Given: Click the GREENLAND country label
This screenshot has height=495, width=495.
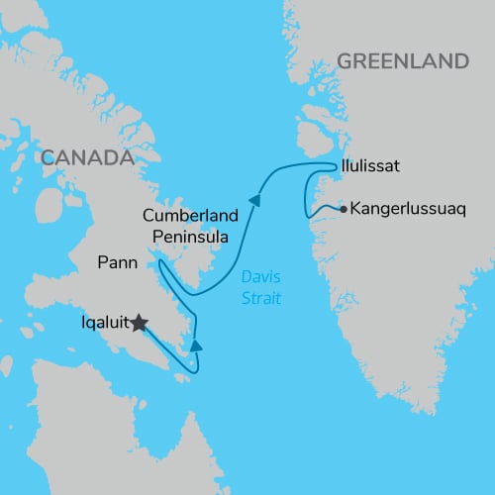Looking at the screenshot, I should [402, 61].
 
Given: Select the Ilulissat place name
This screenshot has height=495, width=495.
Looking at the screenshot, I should [369, 166].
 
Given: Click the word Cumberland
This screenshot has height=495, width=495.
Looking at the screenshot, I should [189, 216].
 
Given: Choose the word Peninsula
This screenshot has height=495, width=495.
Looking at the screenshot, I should [191, 237].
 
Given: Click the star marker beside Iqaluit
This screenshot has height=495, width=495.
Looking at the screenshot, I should [139, 323].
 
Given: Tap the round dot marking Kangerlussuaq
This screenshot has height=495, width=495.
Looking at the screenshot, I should [343, 210].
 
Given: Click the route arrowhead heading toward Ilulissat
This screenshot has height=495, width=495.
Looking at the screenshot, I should [255, 200].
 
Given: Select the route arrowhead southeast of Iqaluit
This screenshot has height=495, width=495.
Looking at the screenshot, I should [196, 346].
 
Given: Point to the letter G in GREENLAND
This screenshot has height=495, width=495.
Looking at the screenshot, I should [345, 61].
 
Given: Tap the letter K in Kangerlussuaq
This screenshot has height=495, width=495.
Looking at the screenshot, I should [353, 210].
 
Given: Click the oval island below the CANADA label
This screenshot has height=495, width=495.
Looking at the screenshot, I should [46, 203].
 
